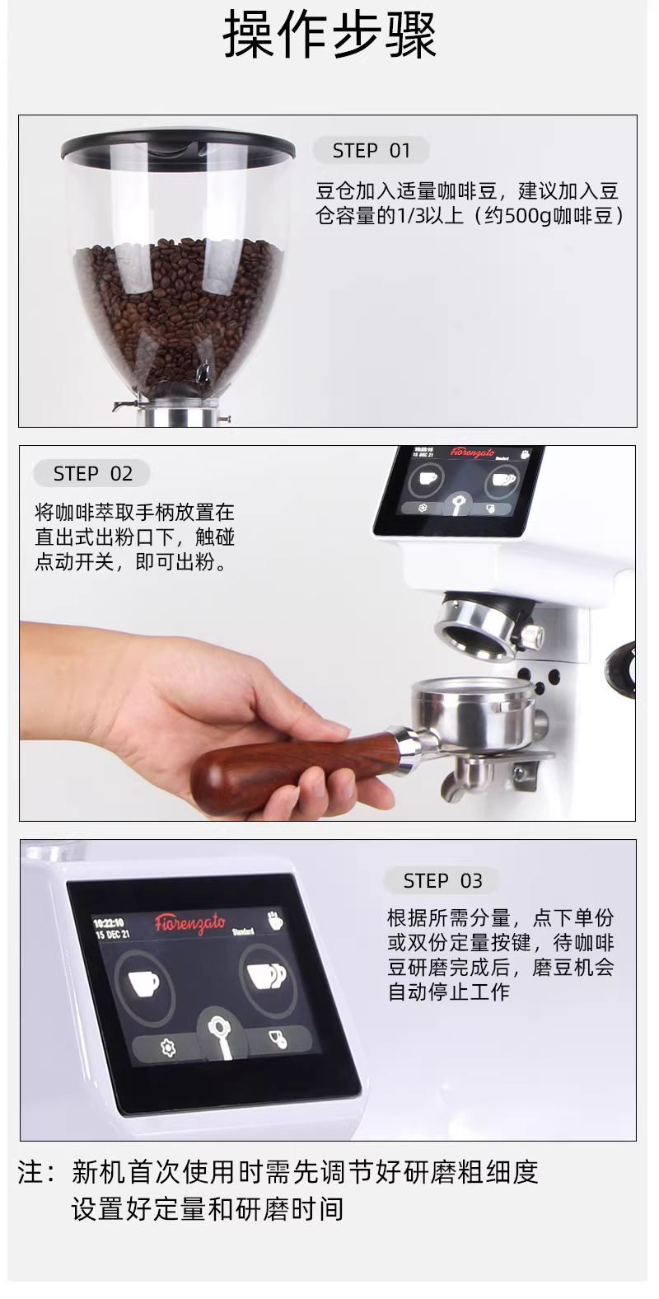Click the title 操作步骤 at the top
(329, 36)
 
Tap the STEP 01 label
(371, 151)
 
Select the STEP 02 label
(93, 474)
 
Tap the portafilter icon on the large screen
(222, 1036)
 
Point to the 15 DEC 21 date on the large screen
(113, 935)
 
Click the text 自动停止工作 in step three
(449, 991)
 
